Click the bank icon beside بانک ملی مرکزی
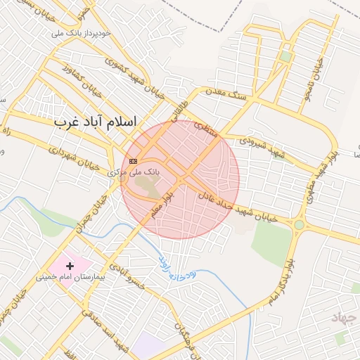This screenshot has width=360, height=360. tap(134, 161)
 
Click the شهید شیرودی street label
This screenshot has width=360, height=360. tap(260, 146)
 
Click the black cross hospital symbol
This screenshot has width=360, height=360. tap(70, 266)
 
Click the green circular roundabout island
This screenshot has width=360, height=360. tap(300, 225)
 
